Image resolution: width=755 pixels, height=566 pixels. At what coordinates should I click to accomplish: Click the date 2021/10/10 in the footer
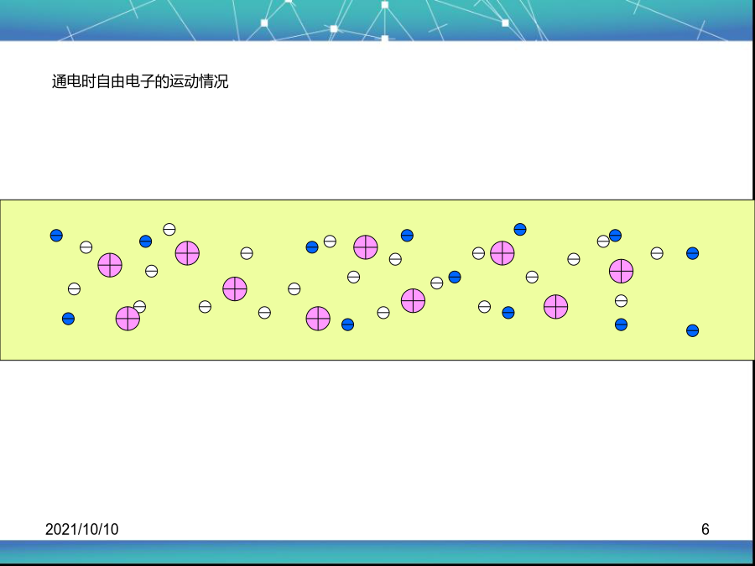pos(82,529)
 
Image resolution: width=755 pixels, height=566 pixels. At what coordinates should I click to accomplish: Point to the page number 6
pos(705,529)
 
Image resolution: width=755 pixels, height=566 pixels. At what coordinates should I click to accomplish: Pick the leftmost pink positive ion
pos(110,265)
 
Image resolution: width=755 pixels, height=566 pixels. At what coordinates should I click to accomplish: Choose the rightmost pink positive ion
pos(621,271)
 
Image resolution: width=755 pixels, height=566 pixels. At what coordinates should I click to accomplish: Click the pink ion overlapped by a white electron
pos(128,319)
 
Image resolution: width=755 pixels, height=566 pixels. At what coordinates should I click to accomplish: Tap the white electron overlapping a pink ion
pos(139,307)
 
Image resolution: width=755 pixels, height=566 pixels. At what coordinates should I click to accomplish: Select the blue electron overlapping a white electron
pos(616,236)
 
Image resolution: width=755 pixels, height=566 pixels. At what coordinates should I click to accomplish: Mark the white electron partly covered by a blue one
pos(603,241)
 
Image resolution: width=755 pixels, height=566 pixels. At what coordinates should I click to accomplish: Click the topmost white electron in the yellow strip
pos(169,229)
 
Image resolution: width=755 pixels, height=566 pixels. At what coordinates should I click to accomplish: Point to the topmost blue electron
pos(520,230)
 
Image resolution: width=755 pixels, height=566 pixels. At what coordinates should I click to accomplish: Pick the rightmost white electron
pos(657,253)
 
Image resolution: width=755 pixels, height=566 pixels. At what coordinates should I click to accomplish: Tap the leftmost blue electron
pos(56,236)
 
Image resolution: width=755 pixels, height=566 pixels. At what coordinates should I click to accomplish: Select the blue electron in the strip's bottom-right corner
pos(692,330)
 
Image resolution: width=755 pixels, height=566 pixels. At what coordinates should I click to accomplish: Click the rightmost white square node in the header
pos(505,23)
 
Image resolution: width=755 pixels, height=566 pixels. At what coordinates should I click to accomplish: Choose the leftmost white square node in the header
pos(264,23)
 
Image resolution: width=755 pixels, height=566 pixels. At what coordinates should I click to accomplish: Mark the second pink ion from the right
pos(555,307)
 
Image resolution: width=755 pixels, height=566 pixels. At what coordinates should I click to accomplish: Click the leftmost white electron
pos(74,288)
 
